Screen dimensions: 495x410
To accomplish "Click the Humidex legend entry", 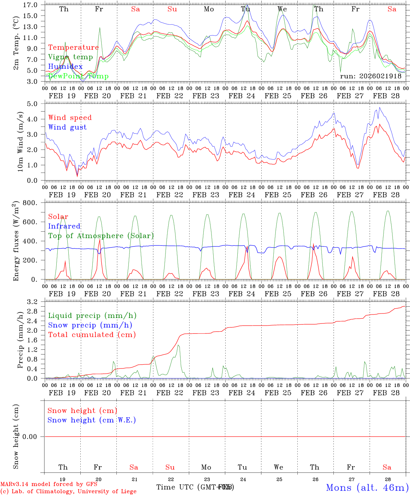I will [65, 67].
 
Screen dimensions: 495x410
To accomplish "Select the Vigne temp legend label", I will [70, 57].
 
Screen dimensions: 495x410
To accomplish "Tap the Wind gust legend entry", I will [67, 127].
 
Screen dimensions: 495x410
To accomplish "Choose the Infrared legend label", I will [64, 226].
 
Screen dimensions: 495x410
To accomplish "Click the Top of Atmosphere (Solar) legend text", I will [101, 236].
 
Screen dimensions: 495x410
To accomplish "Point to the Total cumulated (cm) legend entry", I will [92, 334].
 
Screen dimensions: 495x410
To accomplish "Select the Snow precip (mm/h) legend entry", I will [90, 325].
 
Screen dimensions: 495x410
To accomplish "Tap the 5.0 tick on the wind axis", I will [34, 104].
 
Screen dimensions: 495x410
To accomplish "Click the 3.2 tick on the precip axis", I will [34, 302].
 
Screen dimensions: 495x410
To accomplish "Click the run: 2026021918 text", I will [371, 76].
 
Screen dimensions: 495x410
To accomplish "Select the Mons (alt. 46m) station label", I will [367, 487].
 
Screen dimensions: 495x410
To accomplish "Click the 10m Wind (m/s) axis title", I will [20, 142].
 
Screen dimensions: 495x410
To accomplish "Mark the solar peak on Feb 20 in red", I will [100, 240].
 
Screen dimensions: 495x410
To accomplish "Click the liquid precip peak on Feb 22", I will [178, 345].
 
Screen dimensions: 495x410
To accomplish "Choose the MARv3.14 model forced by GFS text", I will [49, 484].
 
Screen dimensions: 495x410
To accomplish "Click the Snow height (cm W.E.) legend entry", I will [92, 420].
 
